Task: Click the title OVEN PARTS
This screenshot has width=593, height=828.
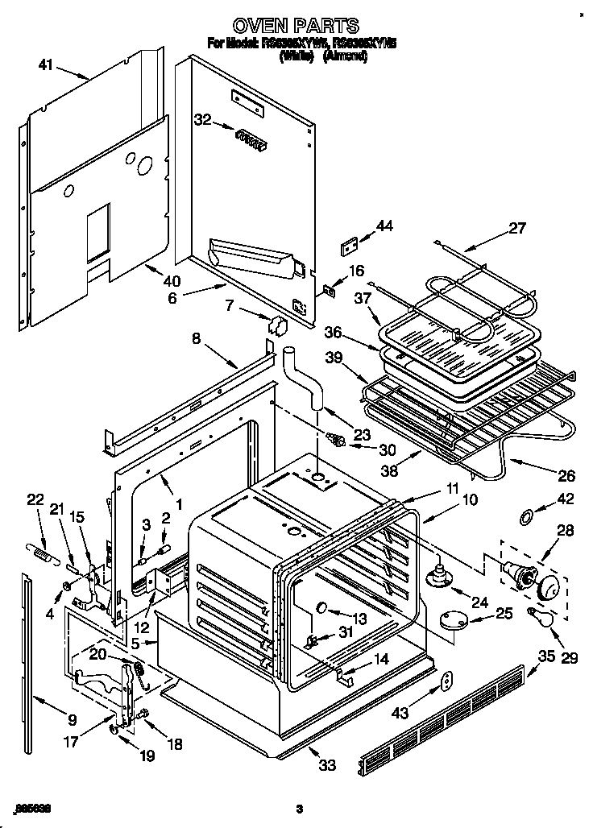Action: [x=296, y=26]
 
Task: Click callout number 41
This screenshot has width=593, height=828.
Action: [x=46, y=66]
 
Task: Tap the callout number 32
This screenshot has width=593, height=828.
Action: [x=202, y=120]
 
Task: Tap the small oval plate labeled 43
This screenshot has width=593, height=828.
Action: [x=446, y=682]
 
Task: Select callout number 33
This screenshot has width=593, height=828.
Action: [x=326, y=765]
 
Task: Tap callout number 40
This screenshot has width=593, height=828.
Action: [x=170, y=282]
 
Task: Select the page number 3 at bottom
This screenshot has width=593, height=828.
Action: [x=298, y=808]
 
